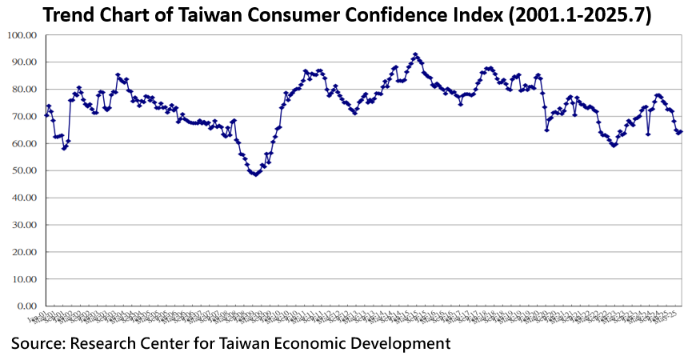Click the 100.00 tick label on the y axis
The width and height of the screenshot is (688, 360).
point(22,35)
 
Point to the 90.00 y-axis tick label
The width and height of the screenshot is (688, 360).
point(24,62)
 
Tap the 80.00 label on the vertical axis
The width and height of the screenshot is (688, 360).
point(24,90)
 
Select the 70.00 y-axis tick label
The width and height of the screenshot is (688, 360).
point(24,117)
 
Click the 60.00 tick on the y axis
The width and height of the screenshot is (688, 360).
point(24,144)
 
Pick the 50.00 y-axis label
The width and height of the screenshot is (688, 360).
point(24,171)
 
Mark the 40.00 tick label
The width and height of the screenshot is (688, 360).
point(24,198)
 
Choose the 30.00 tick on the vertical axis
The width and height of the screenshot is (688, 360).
point(24,226)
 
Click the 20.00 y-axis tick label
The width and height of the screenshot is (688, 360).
point(24,252)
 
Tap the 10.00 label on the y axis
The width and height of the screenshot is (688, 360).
point(24,279)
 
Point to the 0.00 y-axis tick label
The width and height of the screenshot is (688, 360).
point(26,306)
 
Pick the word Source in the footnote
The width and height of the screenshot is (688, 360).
point(37,344)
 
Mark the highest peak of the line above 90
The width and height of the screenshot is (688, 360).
point(415,54)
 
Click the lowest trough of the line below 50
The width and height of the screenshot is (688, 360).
point(255,174)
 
